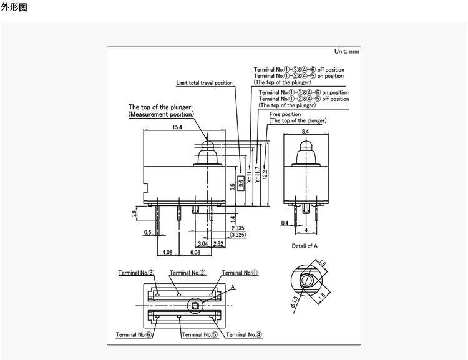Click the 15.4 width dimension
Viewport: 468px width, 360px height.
coord(177,127)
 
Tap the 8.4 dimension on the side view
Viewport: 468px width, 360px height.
coord(305,132)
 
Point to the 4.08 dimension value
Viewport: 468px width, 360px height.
coord(167,252)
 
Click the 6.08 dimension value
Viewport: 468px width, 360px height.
coord(195,252)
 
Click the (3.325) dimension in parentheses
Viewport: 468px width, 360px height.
coord(237,235)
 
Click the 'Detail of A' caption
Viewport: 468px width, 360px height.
coord(305,246)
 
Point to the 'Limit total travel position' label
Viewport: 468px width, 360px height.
coord(204,83)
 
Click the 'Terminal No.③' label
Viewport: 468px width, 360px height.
coord(135,273)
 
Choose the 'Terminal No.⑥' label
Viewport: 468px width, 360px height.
coord(134,334)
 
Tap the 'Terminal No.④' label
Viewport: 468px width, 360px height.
coord(244,334)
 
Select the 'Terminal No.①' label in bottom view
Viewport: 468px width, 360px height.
coord(240,273)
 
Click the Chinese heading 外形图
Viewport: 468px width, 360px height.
coord(14,8)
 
